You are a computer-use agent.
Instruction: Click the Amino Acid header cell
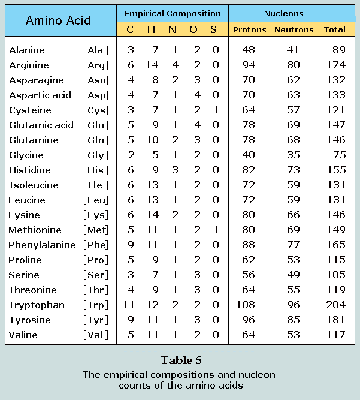click(58, 20)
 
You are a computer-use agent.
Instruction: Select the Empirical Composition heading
click(172, 13)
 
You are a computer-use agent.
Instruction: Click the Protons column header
click(249, 29)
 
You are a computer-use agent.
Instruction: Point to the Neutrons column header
click(294, 29)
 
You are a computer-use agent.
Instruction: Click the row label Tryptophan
click(37, 305)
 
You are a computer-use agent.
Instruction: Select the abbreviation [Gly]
click(97, 155)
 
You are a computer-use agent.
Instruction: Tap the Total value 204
click(335, 305)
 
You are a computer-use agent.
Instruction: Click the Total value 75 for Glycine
click(338, 155)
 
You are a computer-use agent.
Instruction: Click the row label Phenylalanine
click(42, 245)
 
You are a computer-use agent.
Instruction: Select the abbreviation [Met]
click(97, 230)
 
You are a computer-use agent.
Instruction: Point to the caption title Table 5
click(180, 360)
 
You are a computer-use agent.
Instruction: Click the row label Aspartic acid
click(40, 95)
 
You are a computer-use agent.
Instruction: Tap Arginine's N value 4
click(174, 65)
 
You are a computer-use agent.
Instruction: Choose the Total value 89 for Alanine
click(338, 50)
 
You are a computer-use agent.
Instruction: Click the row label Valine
click(24, 335)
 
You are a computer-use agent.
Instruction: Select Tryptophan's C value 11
click(129, 305)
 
